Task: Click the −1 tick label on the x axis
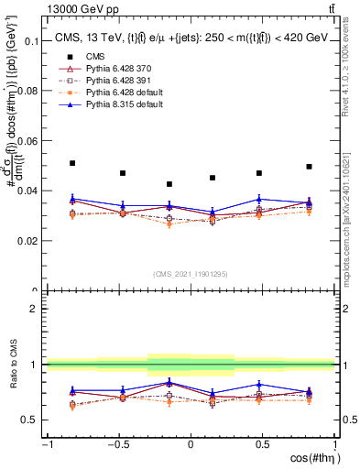[45, 444]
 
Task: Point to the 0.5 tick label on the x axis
[262, 444]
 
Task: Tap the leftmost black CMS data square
[72, 163]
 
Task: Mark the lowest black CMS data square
[169, 184]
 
